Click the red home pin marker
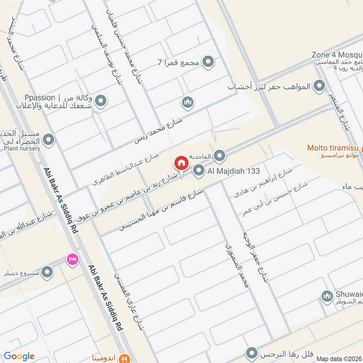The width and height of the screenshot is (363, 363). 181,162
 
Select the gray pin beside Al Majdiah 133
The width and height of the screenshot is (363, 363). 199,171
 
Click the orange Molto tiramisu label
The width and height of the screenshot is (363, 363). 333,147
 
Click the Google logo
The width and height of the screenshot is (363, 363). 19,356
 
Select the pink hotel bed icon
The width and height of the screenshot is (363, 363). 72,259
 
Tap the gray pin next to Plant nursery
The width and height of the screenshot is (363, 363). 48,139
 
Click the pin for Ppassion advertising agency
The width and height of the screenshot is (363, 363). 101,102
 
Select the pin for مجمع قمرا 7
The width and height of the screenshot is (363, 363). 208,62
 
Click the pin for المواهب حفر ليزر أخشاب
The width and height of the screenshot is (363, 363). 319,86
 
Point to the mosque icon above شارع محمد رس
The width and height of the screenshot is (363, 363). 188,103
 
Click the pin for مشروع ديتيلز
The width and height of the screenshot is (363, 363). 47,272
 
